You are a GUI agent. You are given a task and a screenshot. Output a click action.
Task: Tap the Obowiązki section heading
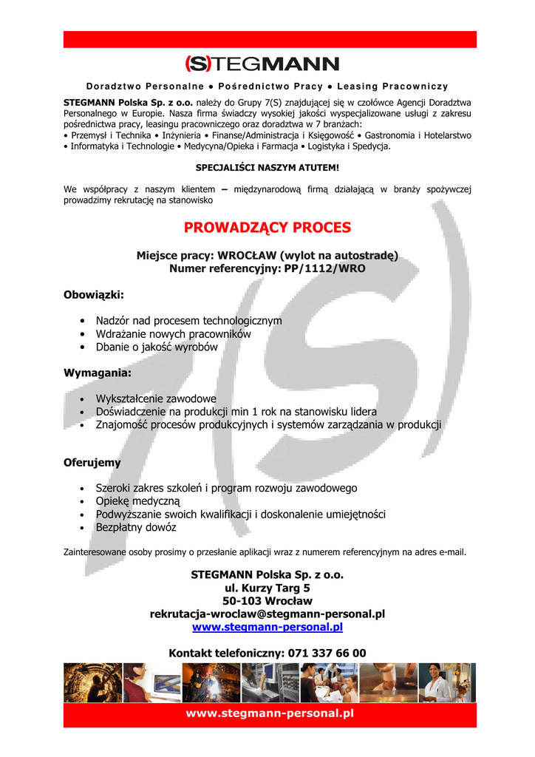pyautogui.click(x=94, y=295)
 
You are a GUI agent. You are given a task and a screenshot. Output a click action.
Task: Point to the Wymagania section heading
pyautogui.click(x=98, y=373)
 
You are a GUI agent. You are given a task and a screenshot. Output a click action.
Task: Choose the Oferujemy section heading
pyautogui.click(x=92, y=463)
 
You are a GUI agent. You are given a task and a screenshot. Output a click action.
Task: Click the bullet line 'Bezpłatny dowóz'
pyautogui.click(x=136, y=528)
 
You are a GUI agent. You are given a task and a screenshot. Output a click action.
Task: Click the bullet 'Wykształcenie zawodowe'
pyautogui.click(x=156, y=398)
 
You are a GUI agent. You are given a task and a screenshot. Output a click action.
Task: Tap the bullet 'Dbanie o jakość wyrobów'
pyautogui.click(x=157, y=347)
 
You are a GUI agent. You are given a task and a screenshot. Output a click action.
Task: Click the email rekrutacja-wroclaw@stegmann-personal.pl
pyautogui.click(x=267, y=614)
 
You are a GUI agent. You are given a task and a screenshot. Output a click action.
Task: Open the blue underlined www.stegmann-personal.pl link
pyautogui.click(x=267, y=628)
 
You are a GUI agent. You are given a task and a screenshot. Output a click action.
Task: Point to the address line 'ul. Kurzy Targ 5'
pyautogui.click(x=267, y=588)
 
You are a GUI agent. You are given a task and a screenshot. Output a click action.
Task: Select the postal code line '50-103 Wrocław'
pyautogui.click(x=267, y=601)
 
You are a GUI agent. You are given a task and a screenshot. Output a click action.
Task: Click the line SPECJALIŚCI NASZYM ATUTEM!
pyautogui.click(x=267, y=168)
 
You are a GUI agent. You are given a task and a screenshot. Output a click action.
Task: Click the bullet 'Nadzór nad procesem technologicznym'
pyautogui.click(x=188, y=321)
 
